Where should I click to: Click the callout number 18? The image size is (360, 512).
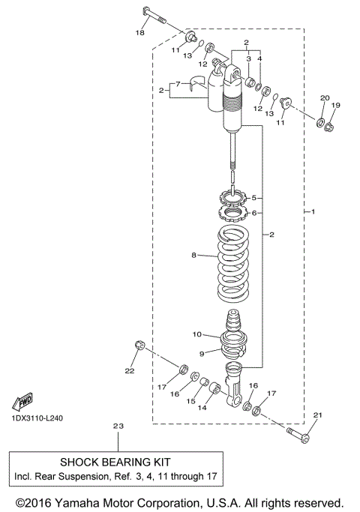139,32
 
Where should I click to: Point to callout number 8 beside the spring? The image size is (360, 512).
193,256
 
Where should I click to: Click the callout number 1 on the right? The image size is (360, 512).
313,212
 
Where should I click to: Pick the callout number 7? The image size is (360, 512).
178,82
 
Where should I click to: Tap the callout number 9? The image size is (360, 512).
201,354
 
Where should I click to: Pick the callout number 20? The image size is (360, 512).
324,98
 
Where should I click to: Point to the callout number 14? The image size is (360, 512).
200,409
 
